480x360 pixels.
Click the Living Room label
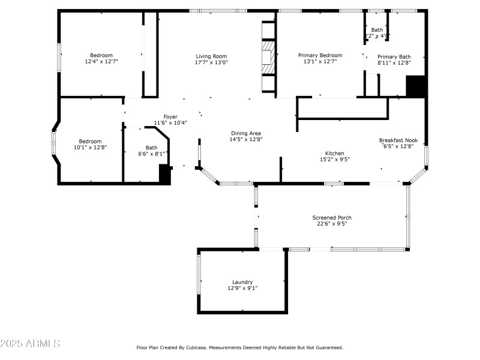(x=211, y=56)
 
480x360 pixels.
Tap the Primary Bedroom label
(x=320, y=55)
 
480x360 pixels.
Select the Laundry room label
(x=242, y=282)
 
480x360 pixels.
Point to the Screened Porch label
(x=332, y=217)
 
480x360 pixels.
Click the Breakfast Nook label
(x=398, y=140)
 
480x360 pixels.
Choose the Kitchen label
(x=335, y=153)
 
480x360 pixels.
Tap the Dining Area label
(x=247, y=133)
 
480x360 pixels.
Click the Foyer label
(x=170, y=117)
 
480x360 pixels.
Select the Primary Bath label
(x=394, y=56)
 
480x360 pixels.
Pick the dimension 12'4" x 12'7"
(x=101, y=61)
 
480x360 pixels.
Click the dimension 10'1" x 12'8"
(x=90, y=147)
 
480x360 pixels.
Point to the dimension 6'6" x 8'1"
(x=151, y=154)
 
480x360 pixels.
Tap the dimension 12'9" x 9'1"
(x=242, y=288)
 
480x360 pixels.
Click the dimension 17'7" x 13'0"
(x=211, y=62)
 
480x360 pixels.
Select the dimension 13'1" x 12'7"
(x=320, y=61)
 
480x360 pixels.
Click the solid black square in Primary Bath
(x=415, y=86)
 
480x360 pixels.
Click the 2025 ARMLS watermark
(x=30, y=344)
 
